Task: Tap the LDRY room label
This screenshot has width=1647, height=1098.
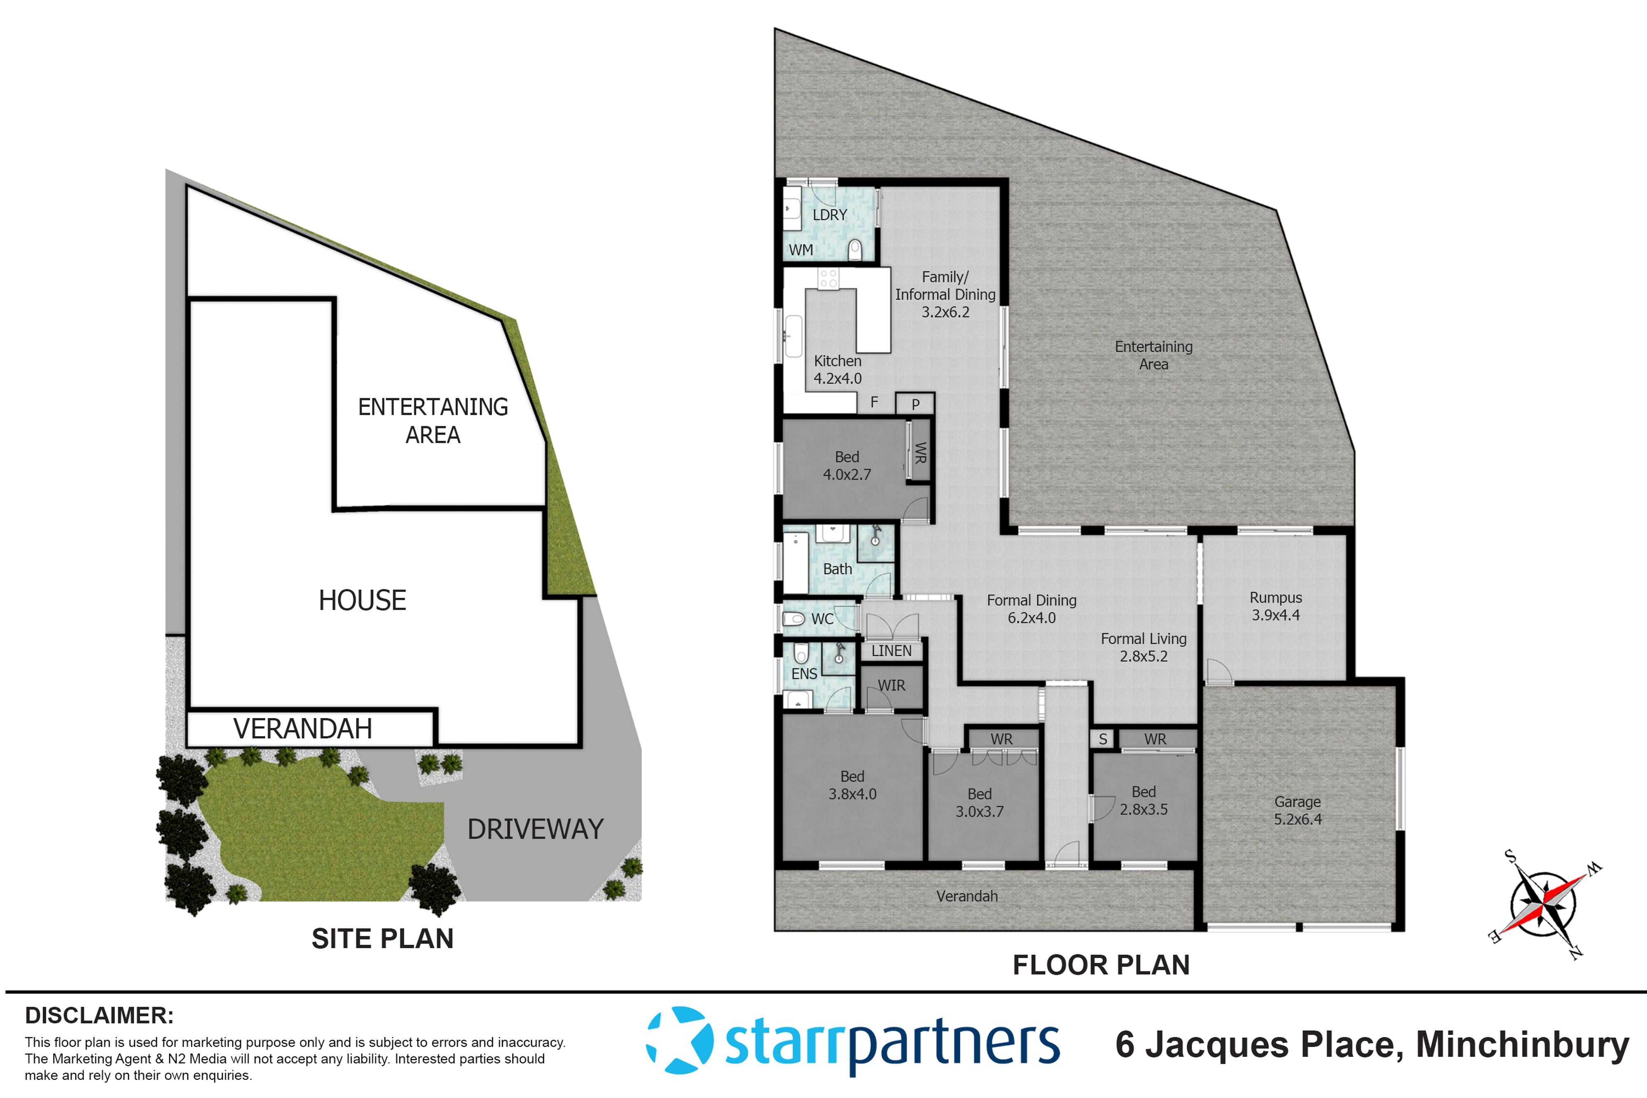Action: coord(830,215)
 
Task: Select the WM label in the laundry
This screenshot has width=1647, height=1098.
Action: coord(800,250)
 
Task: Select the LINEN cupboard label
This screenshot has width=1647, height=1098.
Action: coord(891,650)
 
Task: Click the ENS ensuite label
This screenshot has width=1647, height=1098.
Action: coord(804,674)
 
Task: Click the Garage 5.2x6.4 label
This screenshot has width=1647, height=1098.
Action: coord(1297,810)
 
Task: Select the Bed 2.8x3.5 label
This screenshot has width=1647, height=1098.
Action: coord(1143,800)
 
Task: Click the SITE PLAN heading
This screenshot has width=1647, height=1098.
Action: coord(383,938)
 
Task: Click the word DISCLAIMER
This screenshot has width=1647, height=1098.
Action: coord(99,1015)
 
